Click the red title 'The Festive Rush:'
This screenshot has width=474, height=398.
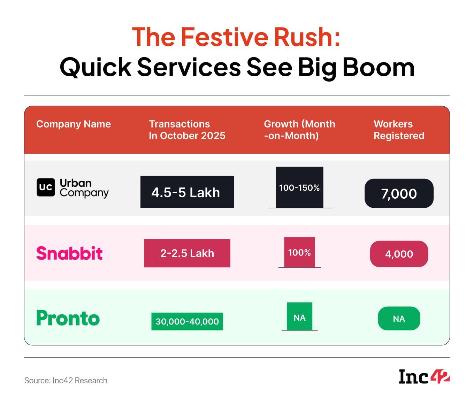click(x=236, y=37)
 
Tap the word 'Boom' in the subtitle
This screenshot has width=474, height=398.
click(x=379, y=67)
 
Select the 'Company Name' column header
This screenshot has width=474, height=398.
click(x=74, y=124)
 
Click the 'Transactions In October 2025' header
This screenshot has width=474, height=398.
click(x=187, y=130)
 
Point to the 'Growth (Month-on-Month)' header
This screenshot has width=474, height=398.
click(x=299, y=130)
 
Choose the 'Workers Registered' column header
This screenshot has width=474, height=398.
click(x=399, y=130)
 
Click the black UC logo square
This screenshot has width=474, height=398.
click(x=46, y=187)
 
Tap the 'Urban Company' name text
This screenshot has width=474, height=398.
click(x=84, y=188)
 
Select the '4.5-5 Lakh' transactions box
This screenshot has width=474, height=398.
click(x=187, y=192)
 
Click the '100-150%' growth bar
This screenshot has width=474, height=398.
click(x=299, y=187)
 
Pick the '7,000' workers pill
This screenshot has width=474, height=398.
click(x=399, y=193)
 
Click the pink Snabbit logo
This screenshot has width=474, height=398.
click(x=69, y=253)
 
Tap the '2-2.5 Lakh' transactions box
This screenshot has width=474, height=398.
click(x=187, y=253)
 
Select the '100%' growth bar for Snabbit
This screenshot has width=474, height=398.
click(x=299, y=252)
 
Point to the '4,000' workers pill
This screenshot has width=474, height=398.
click(x=399, y=254)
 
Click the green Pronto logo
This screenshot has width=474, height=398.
click(x=68, y=318)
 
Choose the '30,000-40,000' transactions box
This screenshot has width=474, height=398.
click(x=187, y=321)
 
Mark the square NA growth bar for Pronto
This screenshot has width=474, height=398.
click(x=299, y=316)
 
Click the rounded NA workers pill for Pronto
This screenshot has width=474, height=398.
click(x=399, y=319)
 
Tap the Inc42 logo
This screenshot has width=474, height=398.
click(x=424, y=376)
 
